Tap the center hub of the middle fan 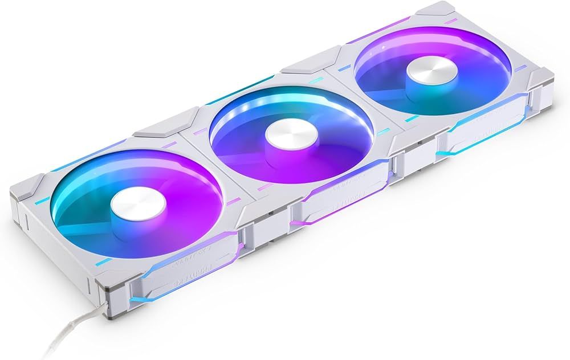(287, 136)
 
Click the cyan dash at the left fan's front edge (103, 261)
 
